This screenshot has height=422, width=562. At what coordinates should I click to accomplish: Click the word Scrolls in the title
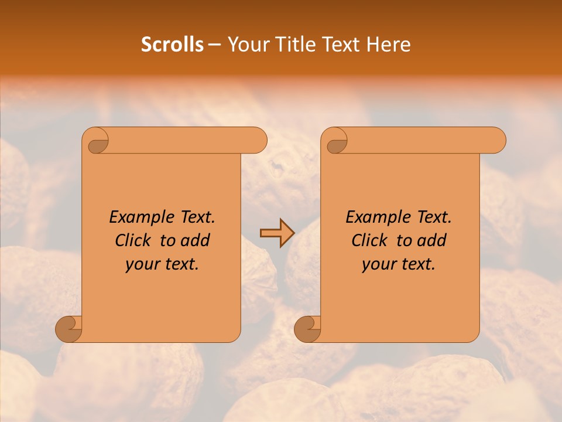pos(173,45)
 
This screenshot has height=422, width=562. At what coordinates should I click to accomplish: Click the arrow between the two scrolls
pos(276,234)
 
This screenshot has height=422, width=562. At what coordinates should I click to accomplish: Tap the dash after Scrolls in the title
pos(214,45)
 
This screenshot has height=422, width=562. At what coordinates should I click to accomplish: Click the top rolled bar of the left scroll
pos(187,140)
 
